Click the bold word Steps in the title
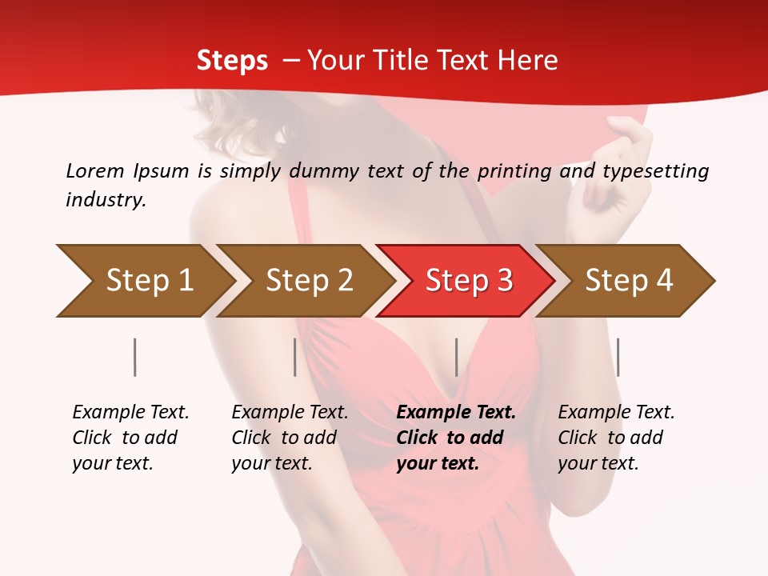click(232, 61)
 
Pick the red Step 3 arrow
click(469, 281)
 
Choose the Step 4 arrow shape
click(629, 281)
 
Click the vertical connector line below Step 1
click(135, 357)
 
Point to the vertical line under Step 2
click(295, 357)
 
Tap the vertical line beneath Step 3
click(456, 357)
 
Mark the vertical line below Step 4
click(618, 357)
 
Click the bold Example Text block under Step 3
click(456, 438)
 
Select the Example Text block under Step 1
click(130, 438)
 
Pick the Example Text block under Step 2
click(290, 438)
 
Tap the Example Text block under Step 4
click(616, 438)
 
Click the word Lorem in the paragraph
click(95, 171)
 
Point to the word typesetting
click(655, 171)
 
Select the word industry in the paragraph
click(105, 200)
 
